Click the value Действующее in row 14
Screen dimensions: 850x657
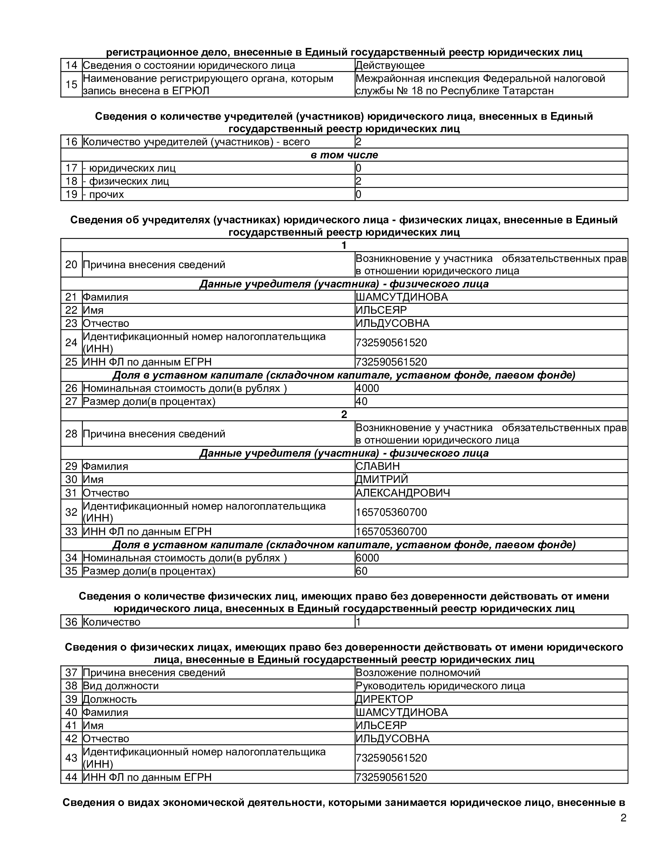pyautogui.click(x=390, y=65)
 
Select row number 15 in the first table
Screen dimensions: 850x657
pyautogui.click(x=71, y=85)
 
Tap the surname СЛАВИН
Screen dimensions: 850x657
pyautogui.click(x=378, y=466)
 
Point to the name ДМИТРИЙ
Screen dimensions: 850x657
pyautogui.click(x=381, y=479)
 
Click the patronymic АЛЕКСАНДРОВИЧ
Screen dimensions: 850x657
pyautogui.click(x=402, y=493)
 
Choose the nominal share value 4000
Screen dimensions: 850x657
pyautogui.click(x=367, y=388)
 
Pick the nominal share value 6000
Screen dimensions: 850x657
pyautogui.click(x=367, y=558)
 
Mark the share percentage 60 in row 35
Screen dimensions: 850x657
pyautogui.click(x=361, y=571)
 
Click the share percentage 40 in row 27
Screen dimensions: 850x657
pyautogui.click(x=361, y=401)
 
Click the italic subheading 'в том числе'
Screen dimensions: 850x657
pyautogui.click(x=344, y=155)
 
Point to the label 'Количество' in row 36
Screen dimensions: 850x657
pyautogui.click(x=111, y=622)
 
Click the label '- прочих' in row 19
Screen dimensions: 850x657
pyautogui.click(x=103, y=194)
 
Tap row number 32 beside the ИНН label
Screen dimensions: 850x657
pyautogui.click(x=71, y=512)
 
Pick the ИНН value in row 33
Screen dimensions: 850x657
pyautogui.click(x=391, y=532)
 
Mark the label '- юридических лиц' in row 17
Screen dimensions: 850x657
pyautogui.click(x=129, y=168)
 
